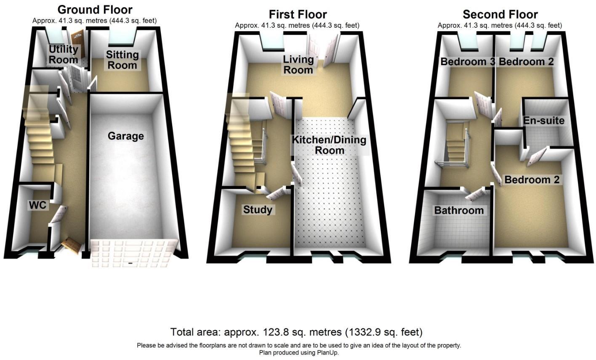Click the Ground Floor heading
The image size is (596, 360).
(95, 9)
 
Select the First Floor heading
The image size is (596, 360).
(298, 14)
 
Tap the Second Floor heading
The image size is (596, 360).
(500, 14)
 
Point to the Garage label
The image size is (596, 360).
(125, 136)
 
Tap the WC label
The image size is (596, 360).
(37, 205)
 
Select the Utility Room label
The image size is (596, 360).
(63, 54)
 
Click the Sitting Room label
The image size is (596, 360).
(122, 60)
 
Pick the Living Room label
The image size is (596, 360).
(298, 64)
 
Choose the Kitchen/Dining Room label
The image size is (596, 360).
(330, 145)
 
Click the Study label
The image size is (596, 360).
(258, 209)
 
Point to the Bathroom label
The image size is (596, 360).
(459, 210)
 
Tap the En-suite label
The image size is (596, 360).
(543, 121)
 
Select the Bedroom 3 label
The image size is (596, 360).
(467, 62)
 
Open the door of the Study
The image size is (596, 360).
(277, 195)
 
